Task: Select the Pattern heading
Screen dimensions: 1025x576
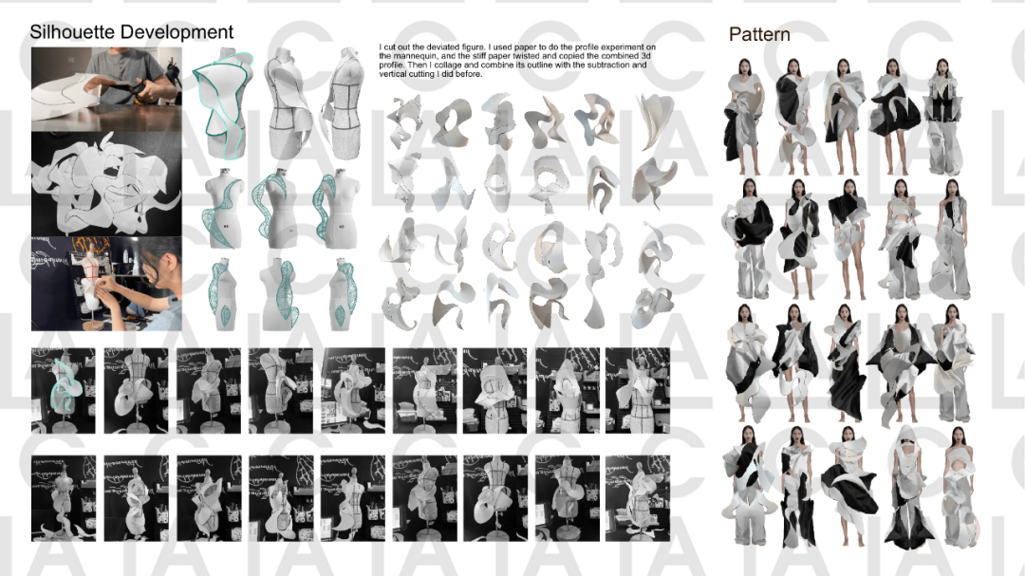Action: [x=759, y=35]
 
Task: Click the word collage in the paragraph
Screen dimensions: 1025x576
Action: [x=445, y=65]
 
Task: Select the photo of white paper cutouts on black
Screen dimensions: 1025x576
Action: [x=106, y=184]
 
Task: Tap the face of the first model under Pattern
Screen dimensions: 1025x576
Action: [x=745, y=67]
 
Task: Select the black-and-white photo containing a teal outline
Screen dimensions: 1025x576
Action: [x=64, y=390]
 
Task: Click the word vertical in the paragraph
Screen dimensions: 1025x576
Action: [x=394, y=75]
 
